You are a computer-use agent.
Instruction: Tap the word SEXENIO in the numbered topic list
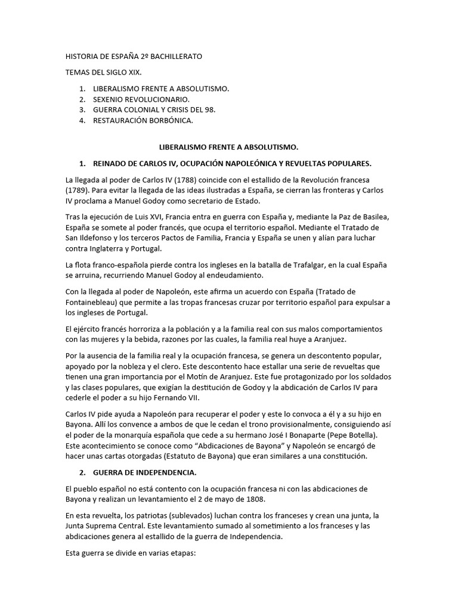(x=110, y=99)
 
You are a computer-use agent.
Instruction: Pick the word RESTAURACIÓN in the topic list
(x=123, y=121)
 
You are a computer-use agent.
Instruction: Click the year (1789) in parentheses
(x=79, y=191)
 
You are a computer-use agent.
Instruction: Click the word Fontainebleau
(x=93, y=302)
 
